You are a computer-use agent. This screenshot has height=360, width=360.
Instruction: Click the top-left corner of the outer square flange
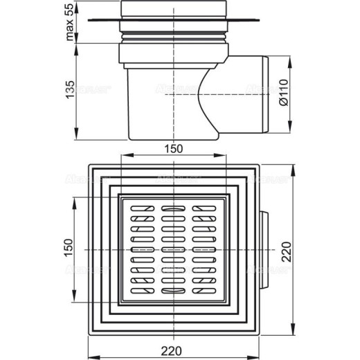coord(90,167)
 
